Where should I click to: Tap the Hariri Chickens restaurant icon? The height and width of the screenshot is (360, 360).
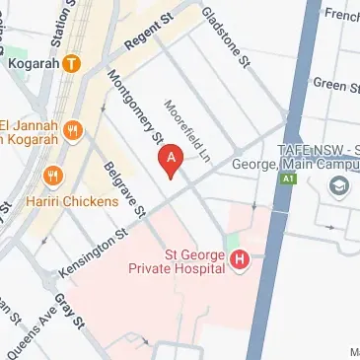tap(53, 175)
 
